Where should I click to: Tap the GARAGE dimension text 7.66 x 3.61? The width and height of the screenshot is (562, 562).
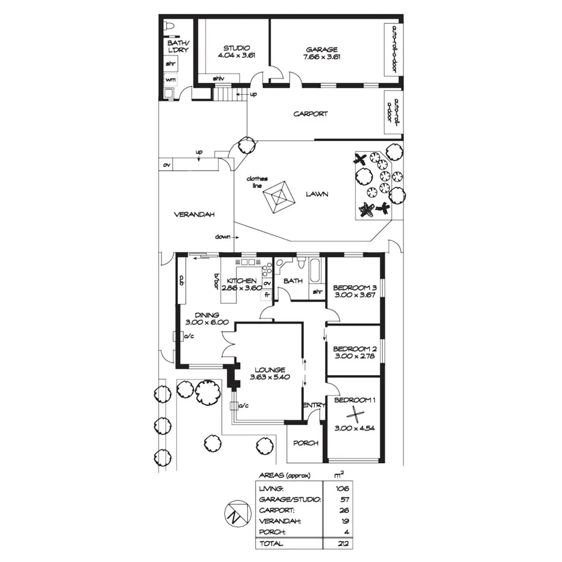point(322,57)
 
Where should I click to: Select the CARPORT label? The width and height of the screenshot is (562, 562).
point(311,113)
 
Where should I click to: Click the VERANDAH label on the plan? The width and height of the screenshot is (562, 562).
point(195,215)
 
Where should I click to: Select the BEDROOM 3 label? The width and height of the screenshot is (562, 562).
point(355,286)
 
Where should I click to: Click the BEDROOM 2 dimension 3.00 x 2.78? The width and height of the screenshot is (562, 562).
point(354,356)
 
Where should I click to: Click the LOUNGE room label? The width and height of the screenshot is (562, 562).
point(269,370)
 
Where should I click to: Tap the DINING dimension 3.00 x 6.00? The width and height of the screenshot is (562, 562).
point(206,322)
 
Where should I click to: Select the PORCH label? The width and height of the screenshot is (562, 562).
point(306,443)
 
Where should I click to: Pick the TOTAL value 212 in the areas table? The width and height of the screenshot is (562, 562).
point(344,544)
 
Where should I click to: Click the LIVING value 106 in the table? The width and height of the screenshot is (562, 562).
point(344,488)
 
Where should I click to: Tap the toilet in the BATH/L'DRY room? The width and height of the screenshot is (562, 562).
point(169,27)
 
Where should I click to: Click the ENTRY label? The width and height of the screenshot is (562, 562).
point(314,405)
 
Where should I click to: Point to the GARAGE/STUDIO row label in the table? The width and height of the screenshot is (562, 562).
point(289,499)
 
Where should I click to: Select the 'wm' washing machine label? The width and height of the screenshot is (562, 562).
point(170,80)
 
